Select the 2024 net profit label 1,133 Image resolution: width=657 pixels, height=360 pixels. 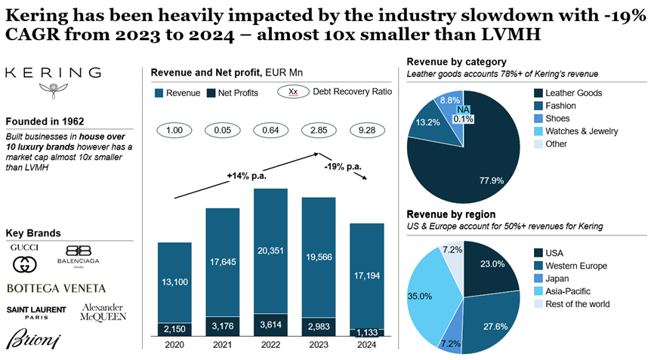point(366,332)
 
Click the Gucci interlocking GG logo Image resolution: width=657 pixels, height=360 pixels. point(25,265)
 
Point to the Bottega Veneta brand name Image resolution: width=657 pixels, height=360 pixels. point(56,288)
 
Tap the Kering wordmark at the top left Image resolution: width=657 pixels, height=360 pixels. point(52,72)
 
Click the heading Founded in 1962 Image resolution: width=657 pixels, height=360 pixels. point(45,121)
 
